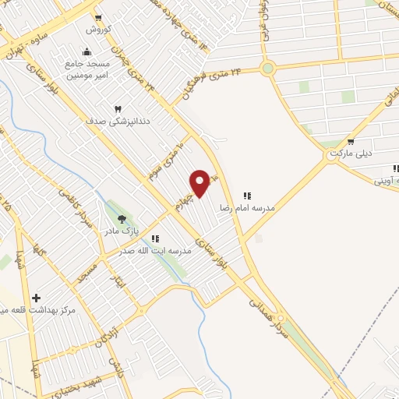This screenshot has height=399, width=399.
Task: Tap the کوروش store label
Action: (98, 30)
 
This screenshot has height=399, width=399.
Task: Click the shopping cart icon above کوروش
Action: (98, 17)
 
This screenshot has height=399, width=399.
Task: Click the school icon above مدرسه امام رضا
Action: (247, 196)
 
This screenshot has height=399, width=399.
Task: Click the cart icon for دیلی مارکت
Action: (351, 142)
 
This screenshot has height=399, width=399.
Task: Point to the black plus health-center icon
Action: (37, 298)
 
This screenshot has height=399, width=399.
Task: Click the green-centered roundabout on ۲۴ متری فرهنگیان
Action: (268, 69)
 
